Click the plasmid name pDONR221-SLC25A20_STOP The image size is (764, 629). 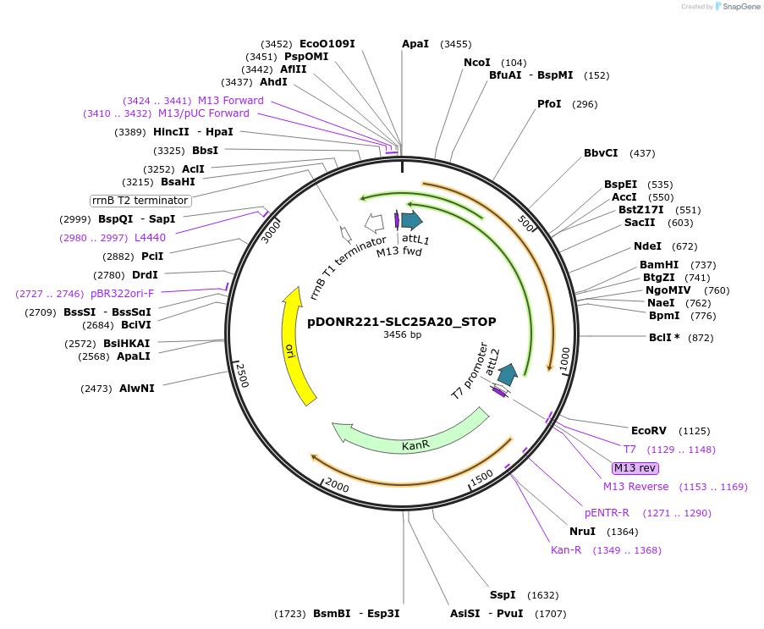tap(401, 322)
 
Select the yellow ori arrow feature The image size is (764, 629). tap(294, 347)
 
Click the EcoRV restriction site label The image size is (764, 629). tap(649, 430)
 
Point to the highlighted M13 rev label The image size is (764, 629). tap(635, 468)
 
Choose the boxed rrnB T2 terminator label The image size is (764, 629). tap(140, 201)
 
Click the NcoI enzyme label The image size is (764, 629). tap(477, 63)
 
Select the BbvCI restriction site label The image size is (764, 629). tap(601, 153)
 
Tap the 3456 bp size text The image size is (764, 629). tap(402, 335)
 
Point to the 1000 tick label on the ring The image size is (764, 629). tap(564, 354)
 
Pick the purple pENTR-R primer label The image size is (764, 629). tap(607, 512)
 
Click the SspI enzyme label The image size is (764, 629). tap(503, 594)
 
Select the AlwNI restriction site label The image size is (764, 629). tap(136, 389)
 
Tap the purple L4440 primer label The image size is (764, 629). tap(150, 237)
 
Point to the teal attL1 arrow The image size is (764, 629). tap(412, 221)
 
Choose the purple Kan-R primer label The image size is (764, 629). tap(566, 550)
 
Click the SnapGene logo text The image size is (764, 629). tap(739, 7)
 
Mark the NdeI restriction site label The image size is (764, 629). tap(647, 246)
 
